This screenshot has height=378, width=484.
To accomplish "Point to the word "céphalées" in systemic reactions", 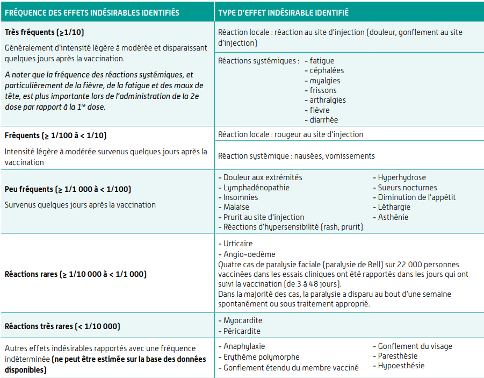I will click(327, 70).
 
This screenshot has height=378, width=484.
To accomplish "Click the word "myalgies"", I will click(325, 81).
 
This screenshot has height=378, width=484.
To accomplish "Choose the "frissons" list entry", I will click(323, 90).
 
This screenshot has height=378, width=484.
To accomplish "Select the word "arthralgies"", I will click(328, 100).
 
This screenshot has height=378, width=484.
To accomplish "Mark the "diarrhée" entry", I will click(324, 120).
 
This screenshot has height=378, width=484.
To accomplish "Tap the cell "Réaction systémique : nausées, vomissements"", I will click(297, 156).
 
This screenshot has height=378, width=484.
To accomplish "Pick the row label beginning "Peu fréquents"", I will click(68, 189).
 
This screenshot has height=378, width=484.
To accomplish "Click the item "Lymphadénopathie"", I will click(256, 188).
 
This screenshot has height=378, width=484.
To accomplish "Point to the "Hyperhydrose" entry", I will click(402, 177).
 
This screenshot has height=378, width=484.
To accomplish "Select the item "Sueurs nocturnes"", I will click(407, 188).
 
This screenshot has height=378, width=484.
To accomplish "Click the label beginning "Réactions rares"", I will click(76, 274).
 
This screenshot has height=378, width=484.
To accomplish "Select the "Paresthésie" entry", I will click(398, 356).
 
